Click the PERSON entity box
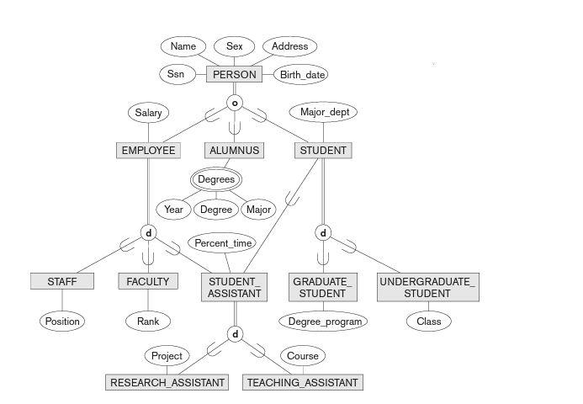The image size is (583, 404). coord(234,74)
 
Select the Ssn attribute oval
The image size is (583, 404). coord(176,74)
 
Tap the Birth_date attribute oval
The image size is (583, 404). coord(302,75)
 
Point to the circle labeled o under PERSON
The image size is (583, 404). coord(235,104)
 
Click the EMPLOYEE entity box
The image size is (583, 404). coord(148,151)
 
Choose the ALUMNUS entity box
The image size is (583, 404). coord(234,151)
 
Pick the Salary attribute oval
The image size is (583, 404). coord(148,113)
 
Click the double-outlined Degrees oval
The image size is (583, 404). coord(216,179)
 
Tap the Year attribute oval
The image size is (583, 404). coord(173,210)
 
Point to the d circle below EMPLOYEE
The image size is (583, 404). coord(148,233)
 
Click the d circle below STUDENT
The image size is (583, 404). coord(323,233)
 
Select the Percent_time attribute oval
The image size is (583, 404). coord(223,243)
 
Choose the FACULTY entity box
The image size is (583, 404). coord(148,281)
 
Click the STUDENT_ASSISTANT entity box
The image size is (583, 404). coord(235,287)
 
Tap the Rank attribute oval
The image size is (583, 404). coord(148,321)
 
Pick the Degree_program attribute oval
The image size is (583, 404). coord(323,321)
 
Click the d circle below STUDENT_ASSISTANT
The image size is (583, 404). coord(235,334)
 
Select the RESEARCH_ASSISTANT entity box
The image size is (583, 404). coord(167,382)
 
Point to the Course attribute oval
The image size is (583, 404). coord(303,356)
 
